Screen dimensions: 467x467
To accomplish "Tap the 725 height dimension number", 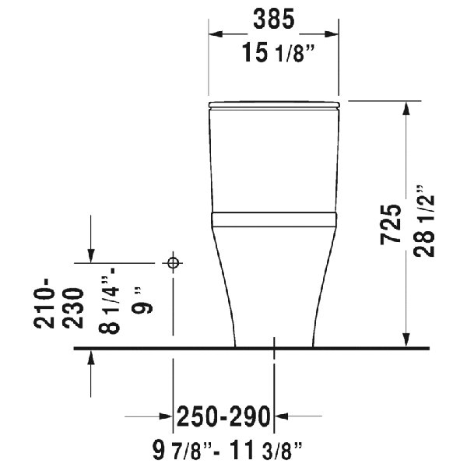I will point(391,225).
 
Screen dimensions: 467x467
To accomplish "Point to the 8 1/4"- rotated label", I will point(112,304).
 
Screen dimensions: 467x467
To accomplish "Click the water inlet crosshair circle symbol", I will point(174,262).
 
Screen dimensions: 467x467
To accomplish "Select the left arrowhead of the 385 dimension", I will point(216,34).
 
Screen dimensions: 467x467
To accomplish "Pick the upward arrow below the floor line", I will point(92,356).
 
